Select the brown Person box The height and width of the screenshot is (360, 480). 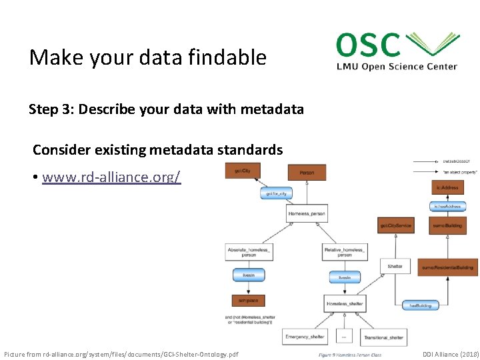[307, 172]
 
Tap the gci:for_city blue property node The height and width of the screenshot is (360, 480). [276, 193]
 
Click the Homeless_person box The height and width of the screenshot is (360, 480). [307, 214]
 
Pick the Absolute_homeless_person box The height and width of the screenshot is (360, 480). [249, 251]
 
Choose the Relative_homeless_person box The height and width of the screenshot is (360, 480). [344, 251]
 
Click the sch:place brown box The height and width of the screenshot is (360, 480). [249, 300]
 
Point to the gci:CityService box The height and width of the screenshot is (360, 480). [396, 225]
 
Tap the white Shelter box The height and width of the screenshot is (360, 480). [395, 266]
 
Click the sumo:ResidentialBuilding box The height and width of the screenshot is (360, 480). [449, 267]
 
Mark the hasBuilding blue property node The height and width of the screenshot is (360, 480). [421, 305]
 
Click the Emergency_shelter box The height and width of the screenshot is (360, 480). [305, 337]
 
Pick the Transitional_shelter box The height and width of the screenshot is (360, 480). [383, 337]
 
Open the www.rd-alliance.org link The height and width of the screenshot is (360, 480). [111, 177]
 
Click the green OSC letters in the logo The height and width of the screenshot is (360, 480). [369, 45]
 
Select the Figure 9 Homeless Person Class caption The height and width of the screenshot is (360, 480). [350, 355]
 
